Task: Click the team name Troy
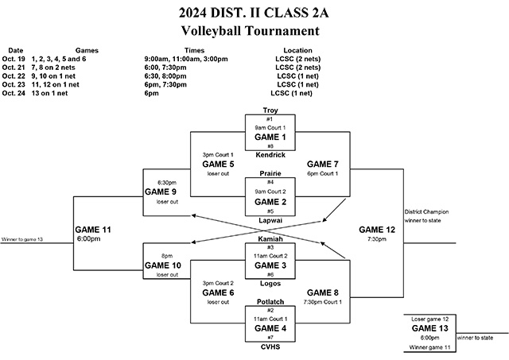270,110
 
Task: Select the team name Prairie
270,173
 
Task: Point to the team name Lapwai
270,219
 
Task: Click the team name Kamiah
270,238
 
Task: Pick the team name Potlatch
270,301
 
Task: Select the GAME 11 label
95,230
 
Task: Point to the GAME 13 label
429,327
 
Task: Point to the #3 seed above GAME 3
270,247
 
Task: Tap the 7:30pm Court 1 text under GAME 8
322,302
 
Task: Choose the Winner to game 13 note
22,239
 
